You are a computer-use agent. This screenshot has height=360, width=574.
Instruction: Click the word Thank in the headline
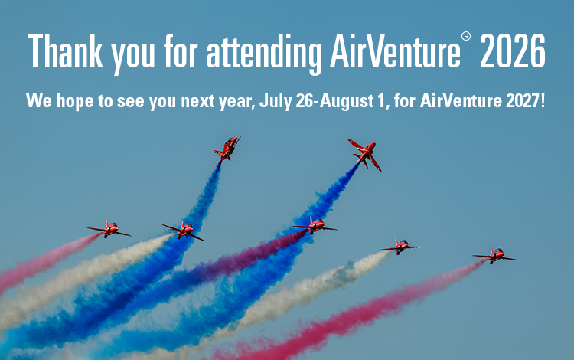click(65, 51)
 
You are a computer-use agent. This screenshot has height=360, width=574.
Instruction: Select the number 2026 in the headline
click(513, 51)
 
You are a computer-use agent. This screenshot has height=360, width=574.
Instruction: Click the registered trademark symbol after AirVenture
click(465, 36)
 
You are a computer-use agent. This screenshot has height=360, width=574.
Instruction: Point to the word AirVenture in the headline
click(395, 51)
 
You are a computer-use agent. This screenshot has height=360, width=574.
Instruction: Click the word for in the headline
click(181, 51)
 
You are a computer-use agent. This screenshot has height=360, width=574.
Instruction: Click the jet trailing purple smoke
click(315, 226)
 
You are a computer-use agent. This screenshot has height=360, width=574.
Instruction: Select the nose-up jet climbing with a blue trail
click(227, 149)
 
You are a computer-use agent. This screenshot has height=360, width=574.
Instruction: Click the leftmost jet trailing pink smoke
click(109, 230)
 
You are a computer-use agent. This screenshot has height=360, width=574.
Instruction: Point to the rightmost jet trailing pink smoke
click(494, 255)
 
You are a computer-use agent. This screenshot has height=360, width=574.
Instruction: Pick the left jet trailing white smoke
click(183, 231)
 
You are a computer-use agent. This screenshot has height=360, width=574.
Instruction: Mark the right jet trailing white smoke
click(400, 246)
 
